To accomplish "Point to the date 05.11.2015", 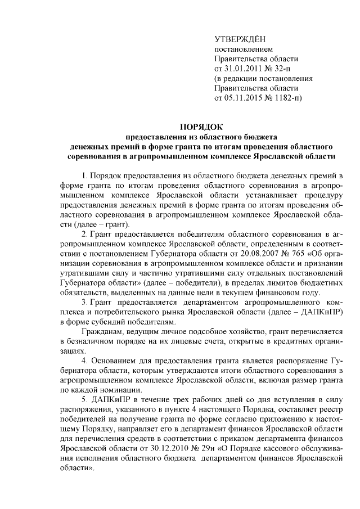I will [x=245, y=97].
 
